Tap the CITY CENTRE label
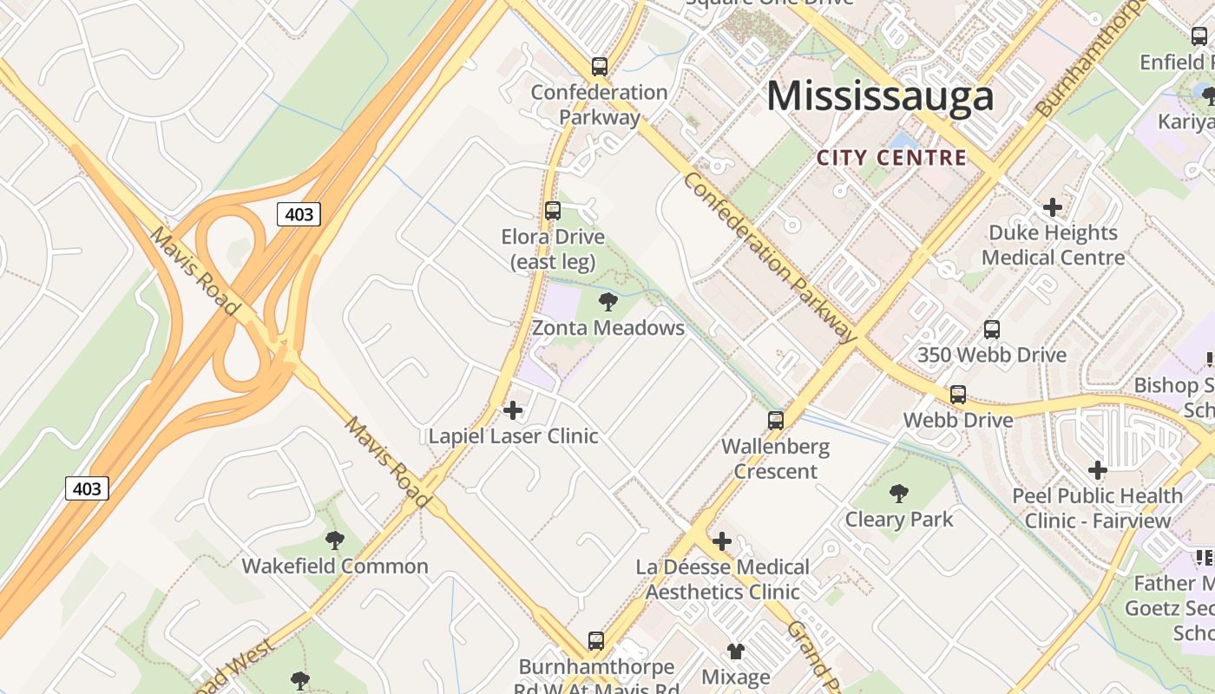tap(891, 158)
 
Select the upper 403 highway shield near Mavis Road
tap(299, 214)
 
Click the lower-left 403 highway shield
tap(87, 488)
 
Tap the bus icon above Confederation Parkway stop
tap(599, 66)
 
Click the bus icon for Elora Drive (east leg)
tap(553, 210)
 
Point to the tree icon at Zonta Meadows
tap(608, 302)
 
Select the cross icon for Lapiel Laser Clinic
tap(513, 409)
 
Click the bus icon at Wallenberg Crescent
tap(776, 421)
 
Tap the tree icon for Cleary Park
tap(899, 494)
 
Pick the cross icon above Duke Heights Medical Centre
tap(1053, 207)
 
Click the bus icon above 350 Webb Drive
tap(992, 330)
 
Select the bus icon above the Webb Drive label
tap(958, 395)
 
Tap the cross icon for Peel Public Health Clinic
tap(1098, 470)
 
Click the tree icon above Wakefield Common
tap(334, 540)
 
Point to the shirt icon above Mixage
tap(736, 651)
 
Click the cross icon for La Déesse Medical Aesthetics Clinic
tap(721, 542)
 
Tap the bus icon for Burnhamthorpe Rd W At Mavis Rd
tap(595, 641)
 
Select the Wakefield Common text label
tap(335, 566)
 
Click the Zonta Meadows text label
tap(608, 328)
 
